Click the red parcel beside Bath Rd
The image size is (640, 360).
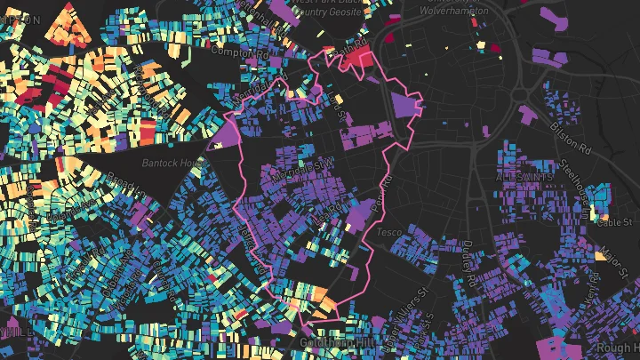pos(359,59)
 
